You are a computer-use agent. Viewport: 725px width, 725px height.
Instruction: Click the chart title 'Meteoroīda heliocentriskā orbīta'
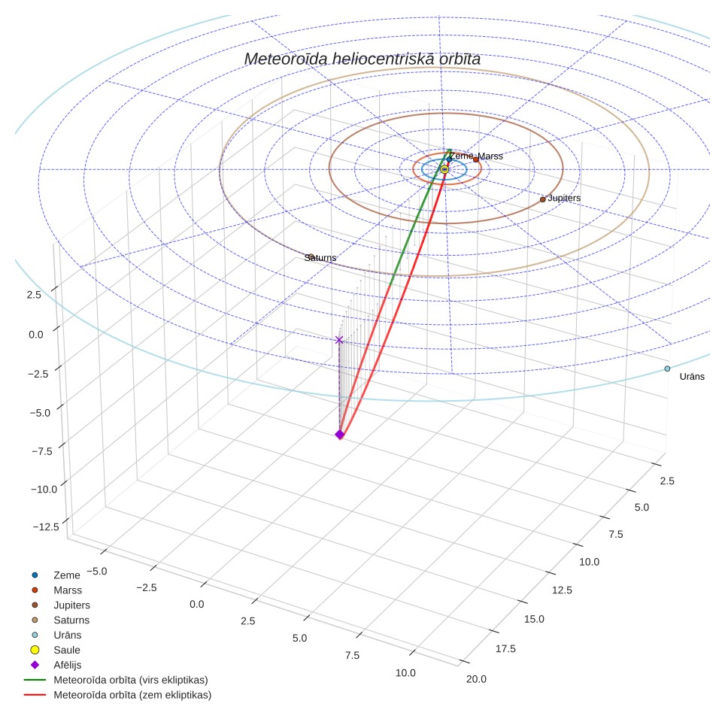click(362, 59)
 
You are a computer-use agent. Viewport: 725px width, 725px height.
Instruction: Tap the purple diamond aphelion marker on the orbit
click(340, 434)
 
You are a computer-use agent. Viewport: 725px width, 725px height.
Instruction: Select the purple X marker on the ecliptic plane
click(339, 340)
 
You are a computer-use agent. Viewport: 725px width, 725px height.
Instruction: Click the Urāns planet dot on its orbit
click(667, 369)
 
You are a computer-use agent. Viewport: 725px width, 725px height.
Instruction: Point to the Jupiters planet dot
click(543, 200)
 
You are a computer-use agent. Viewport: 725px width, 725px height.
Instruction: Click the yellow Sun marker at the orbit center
click(444, 170)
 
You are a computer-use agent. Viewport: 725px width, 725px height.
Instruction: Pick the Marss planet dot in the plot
click(476, 159)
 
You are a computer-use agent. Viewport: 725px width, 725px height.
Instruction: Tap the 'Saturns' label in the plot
click(320, 257)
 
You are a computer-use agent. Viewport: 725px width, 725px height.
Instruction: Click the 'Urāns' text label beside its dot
click(692, 376)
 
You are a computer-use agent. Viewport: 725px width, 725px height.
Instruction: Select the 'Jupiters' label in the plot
click(564, 198)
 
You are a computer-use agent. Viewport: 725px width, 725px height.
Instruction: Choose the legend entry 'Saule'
click(67, 650)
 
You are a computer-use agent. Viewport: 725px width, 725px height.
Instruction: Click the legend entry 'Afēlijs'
click(68, 665)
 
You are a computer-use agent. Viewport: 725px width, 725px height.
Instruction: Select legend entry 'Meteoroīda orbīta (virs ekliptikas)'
click(131, 680)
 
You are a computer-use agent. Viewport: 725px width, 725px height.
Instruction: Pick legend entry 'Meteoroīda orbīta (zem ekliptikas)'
click(132, 695)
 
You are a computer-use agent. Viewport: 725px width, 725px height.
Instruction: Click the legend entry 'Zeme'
click(67, 575)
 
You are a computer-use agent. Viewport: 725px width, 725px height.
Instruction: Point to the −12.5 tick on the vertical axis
click(46, 526)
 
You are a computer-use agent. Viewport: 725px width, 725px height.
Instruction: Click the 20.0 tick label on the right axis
click(476, 679)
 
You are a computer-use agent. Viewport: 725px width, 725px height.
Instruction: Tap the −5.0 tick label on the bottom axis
click(96, 572)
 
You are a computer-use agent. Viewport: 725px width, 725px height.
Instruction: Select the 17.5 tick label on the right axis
click(505, 649)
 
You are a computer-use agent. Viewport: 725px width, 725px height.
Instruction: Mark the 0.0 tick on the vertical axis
click(36, 334)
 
